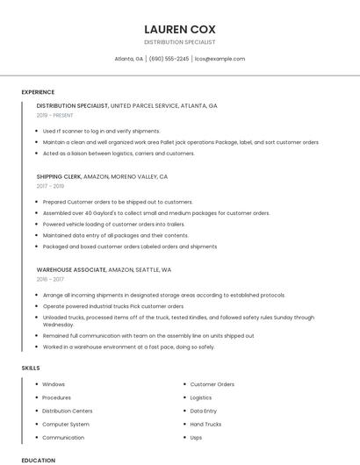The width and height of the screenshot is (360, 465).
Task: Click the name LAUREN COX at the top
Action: pyautogui.click(x=179, y=29)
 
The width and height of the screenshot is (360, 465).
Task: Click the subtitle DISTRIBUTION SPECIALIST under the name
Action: pyautogui.click(x=179, y=42)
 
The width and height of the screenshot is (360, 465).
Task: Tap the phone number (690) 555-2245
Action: pyautogui.click(x=169, y=59)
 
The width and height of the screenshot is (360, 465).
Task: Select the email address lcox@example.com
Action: pyautogui.click(x=220, y=59)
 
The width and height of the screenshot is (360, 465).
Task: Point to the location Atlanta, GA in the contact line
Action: pyautogui.click(x=129, y=59)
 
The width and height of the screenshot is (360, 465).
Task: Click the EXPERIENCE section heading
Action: pyautogui.click(x=38, y=92)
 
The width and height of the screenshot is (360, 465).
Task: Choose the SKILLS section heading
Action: pyautogui.click(x=31, y=368)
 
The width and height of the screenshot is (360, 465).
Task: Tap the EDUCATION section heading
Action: pyautogui.click(x=38, y=460)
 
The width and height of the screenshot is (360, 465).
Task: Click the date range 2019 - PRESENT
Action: pyautogui.click(x=55, y=115)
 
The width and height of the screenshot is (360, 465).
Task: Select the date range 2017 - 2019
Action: pyautogui.click(x=50, y=186)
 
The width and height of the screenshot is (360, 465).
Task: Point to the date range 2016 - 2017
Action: pyautogui.click(x=50, y=279)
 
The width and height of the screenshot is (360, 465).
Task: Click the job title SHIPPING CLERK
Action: pyautogui.click(x=59, y=176)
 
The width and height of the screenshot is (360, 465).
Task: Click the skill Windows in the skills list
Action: pyautogui.click(x=54, y=384)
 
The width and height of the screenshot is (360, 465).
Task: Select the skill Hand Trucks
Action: pyautogui.click(x=205, y=424)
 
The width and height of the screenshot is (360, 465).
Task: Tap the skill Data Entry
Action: pyautogui.click(x=203, y=411)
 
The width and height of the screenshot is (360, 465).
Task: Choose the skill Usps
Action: pyautogui.click(x=196, y=437)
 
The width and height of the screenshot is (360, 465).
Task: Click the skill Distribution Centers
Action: pyautogui.click(x=67, y=411)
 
